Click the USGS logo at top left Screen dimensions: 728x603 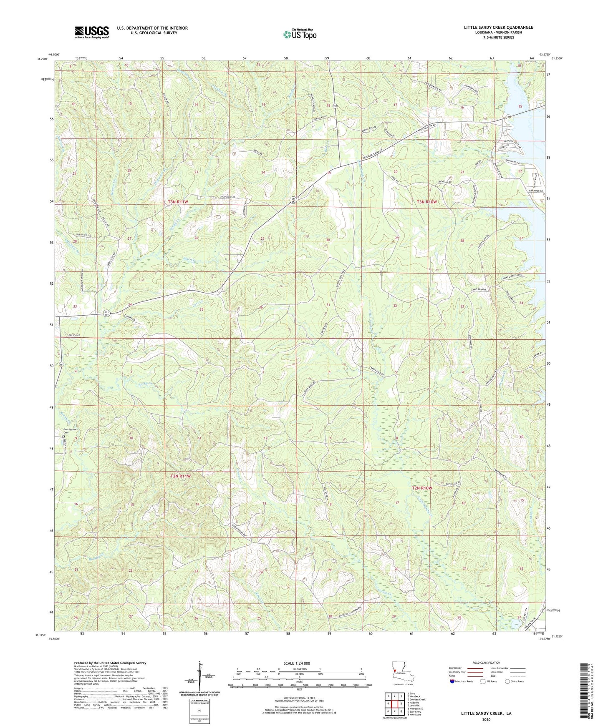click(92, 32)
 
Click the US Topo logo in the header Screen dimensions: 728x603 click(299, 34)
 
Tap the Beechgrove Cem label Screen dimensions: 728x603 click(69, 431)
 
